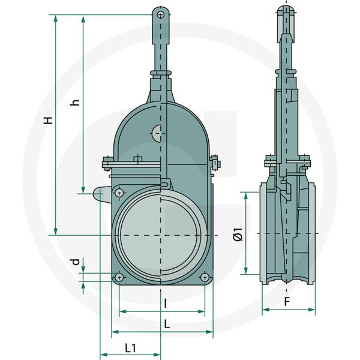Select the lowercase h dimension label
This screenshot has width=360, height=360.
click(75, 102)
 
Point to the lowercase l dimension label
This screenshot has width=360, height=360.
click(164, 304)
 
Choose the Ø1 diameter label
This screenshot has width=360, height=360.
click(238, 234)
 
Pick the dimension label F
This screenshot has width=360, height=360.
click(287, 301)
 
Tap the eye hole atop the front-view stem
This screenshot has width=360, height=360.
click(159, 13)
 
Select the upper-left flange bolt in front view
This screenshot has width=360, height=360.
click(119, 193)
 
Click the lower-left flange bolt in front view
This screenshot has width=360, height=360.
click(119, 277)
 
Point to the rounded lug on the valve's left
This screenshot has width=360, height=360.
click(101, 194)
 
